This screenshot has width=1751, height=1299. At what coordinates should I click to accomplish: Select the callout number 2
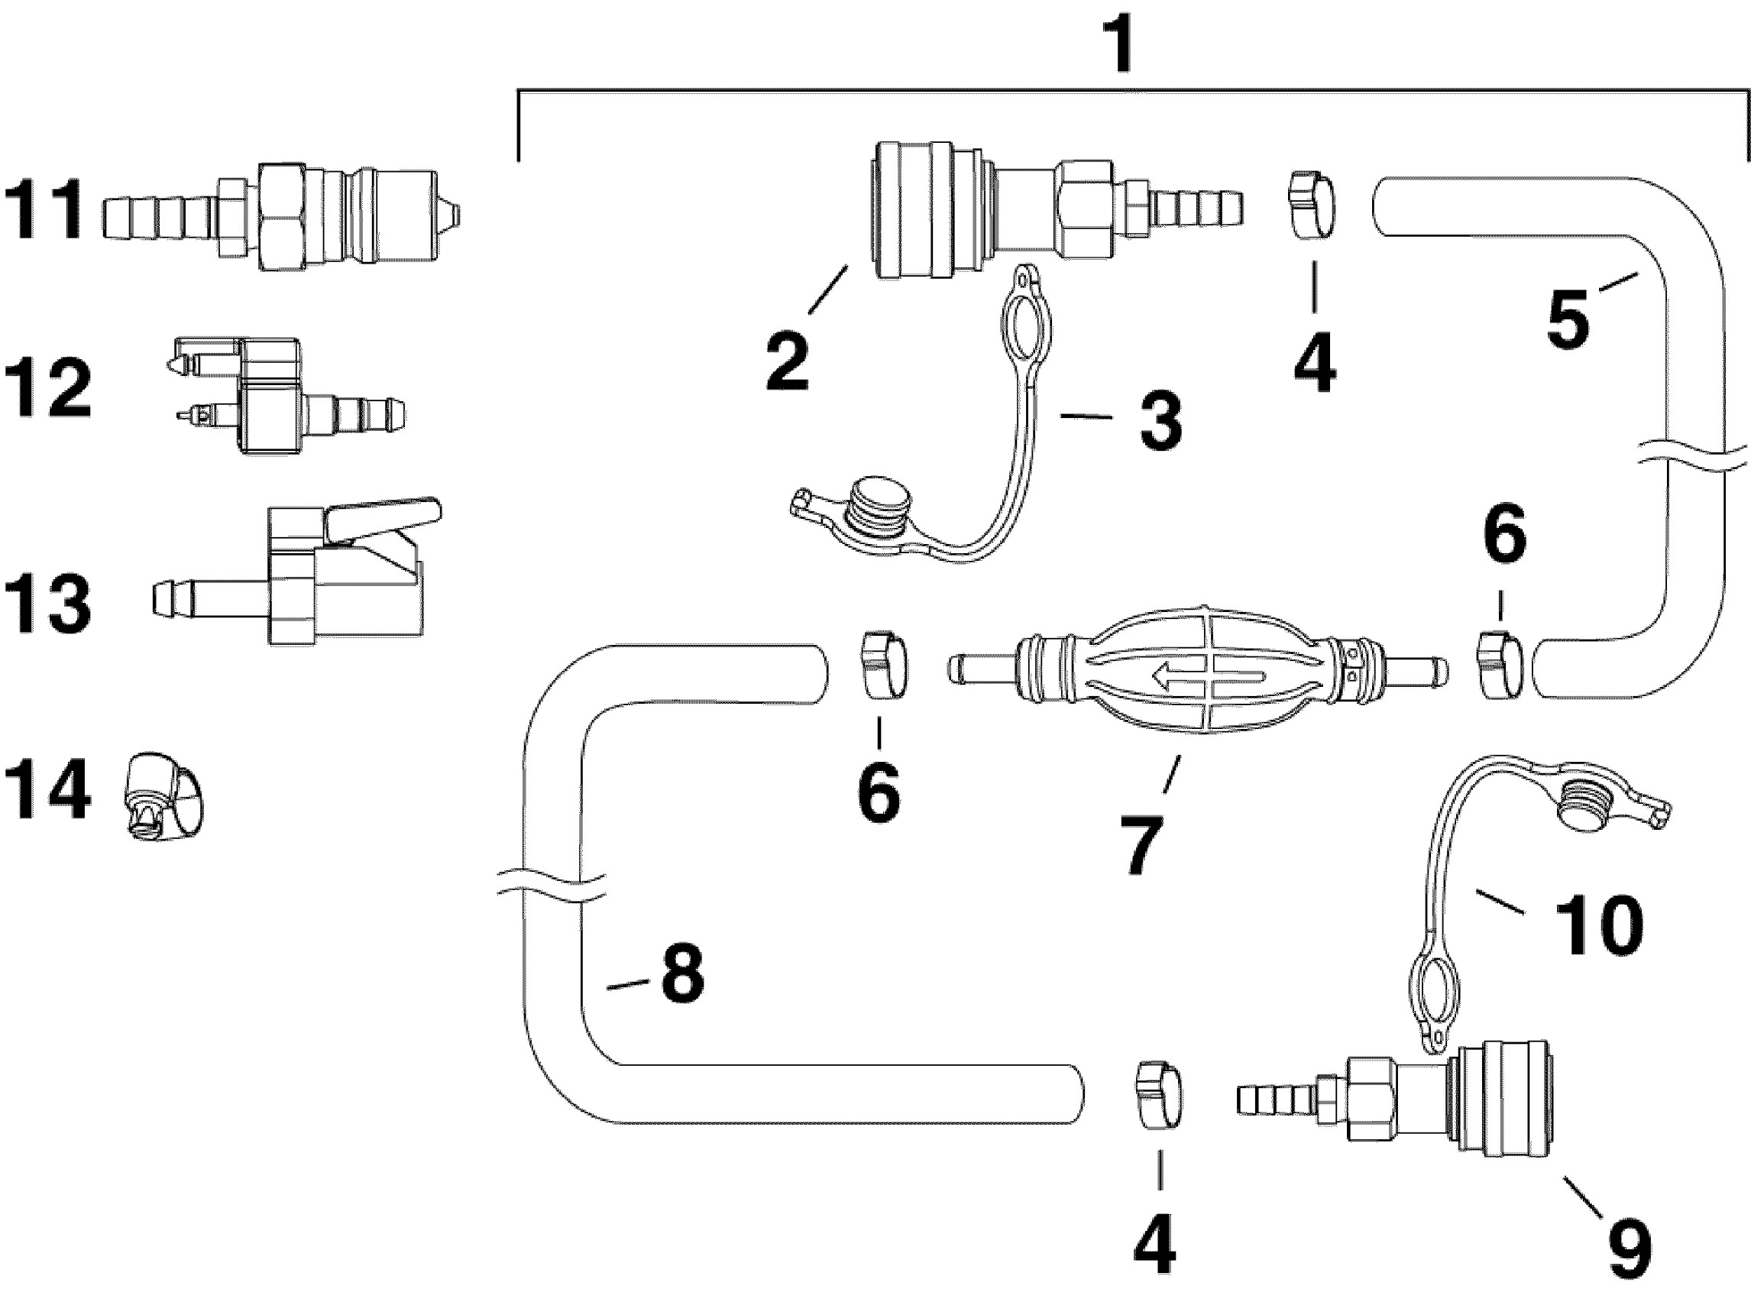coord(787,361)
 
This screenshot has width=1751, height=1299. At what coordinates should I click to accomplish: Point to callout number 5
coord(1568,319)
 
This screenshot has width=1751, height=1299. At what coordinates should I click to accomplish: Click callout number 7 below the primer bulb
coord(1141,844)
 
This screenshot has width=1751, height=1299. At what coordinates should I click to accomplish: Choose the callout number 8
coord(682,975)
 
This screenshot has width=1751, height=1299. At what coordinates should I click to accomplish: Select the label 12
coord(47,389)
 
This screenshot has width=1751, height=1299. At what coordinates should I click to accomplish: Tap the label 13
coord(47,603)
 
